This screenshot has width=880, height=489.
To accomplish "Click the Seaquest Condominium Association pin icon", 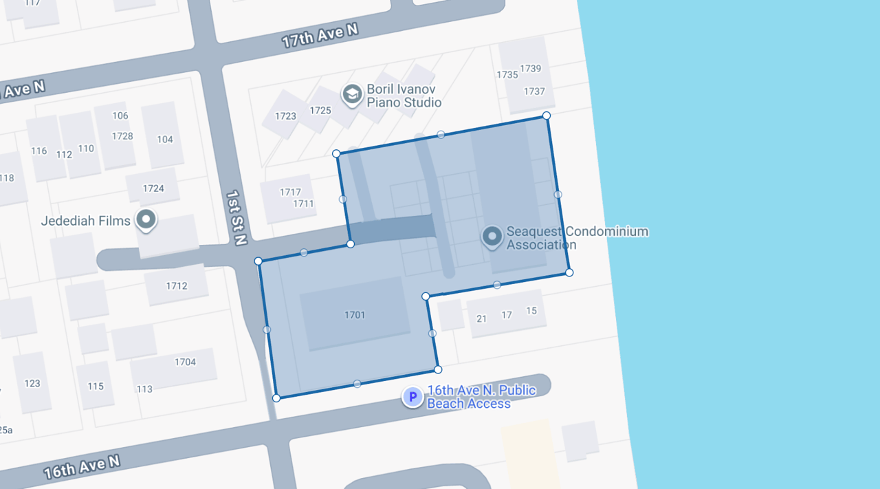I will pyautogui.click(x=492, y=237).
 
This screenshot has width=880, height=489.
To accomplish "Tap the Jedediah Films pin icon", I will pyautogui.click(x=146, y=220).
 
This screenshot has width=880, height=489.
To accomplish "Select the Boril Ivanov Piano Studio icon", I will pyautogui.click(x=352, y=94).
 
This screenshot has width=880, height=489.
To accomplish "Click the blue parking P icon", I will pyautogui.click(x=412, y=396).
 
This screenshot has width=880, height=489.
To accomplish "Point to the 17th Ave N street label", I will pyautogui.click(x=320, y=36).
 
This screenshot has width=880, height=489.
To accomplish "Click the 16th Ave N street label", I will pyautogui.click(x=81, y=468).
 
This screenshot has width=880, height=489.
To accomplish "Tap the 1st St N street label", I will pyautogui.click(x=236, y=218).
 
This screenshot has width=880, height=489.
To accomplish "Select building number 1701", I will pyautogui.click(x=355, y=315).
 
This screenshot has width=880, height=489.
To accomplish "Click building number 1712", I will pyautogui.click(x=177, y=286).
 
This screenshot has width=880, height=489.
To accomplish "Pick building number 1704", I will pyautogui.click(x=185, y=362).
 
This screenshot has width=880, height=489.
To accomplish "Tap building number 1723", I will pyautogui.click(x=285, y=116).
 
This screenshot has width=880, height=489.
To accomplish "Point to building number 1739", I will pyautogui.click(x=531, y=68).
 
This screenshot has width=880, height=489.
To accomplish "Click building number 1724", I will pyautogui.click(x=153, y=188).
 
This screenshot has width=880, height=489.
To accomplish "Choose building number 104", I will pyautogui.click(x=165, y=140).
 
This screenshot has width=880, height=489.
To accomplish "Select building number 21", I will pyautogui.click(x=481, y=318).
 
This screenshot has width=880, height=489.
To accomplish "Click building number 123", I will pyautogui.click(x=32, y=384).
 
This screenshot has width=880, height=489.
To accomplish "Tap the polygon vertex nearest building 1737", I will pyautogui.click(x=547, y=116).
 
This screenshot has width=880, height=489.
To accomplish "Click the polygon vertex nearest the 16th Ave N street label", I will pyautogui.click(x=276, y=398).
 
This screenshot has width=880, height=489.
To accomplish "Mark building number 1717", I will pyautogui.click(x=290, y=193).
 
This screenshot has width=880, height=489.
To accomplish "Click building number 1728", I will pyautogui.click(x=122, y=136).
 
